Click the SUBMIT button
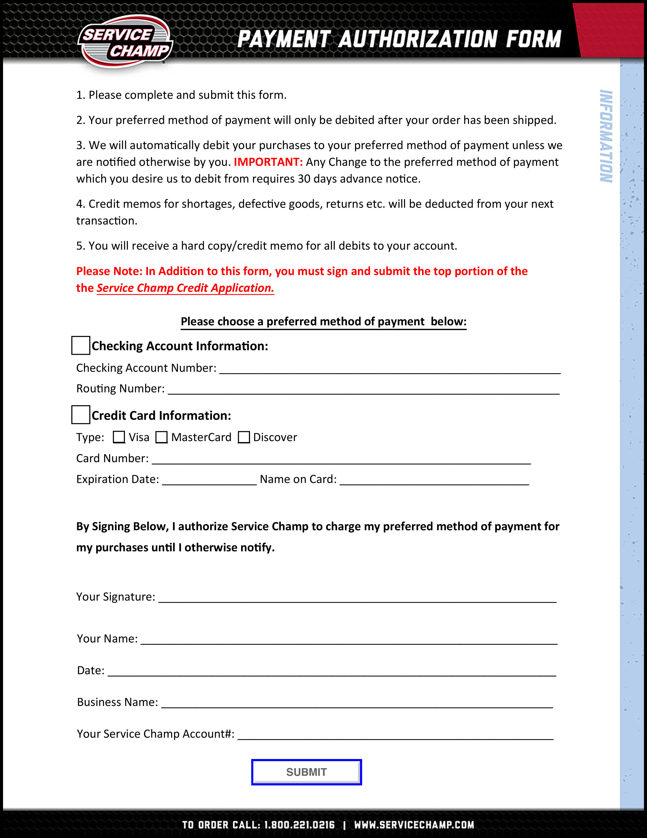(x=306, y=772)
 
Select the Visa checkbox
(x=119, y=437)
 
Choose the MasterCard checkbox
(x=161, y=437)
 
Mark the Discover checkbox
(x=244, y=437)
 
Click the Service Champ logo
(x=125, y=42)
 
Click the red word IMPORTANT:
(x=268, y=162)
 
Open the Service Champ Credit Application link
(x=185, y=288)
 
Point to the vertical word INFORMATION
(x=606, y=136)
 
